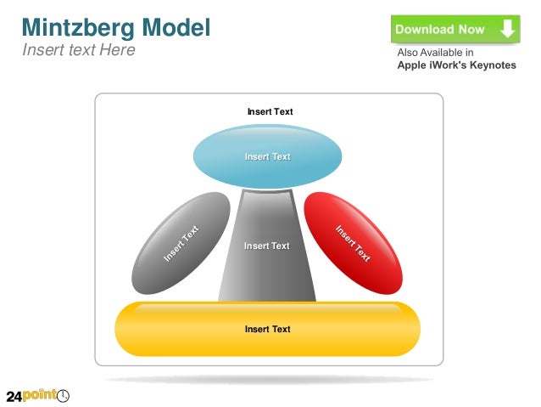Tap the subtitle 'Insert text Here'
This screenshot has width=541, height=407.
point(78,49)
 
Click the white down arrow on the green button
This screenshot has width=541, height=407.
point(507,30)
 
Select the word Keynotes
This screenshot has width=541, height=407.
point(490,65)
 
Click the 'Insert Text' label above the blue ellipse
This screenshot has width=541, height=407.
point(270,111)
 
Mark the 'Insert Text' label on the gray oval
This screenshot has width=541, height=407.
point(181,243)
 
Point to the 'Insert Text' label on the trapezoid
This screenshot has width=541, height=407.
point(267,246)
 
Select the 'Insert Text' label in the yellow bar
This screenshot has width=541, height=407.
point(268,330)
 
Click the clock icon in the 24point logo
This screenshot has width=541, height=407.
point(63,396)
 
